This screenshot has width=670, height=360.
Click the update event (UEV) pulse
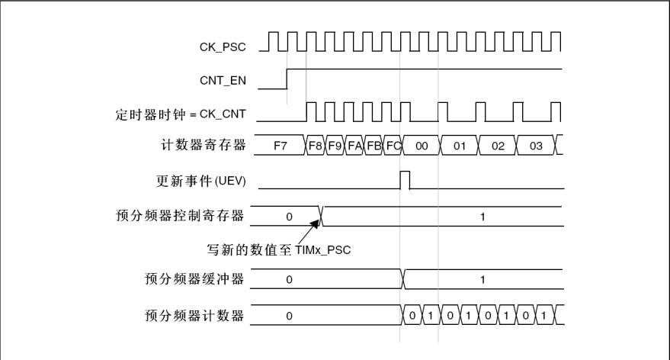point(405,180)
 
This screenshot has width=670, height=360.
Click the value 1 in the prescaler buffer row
point(482,280)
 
